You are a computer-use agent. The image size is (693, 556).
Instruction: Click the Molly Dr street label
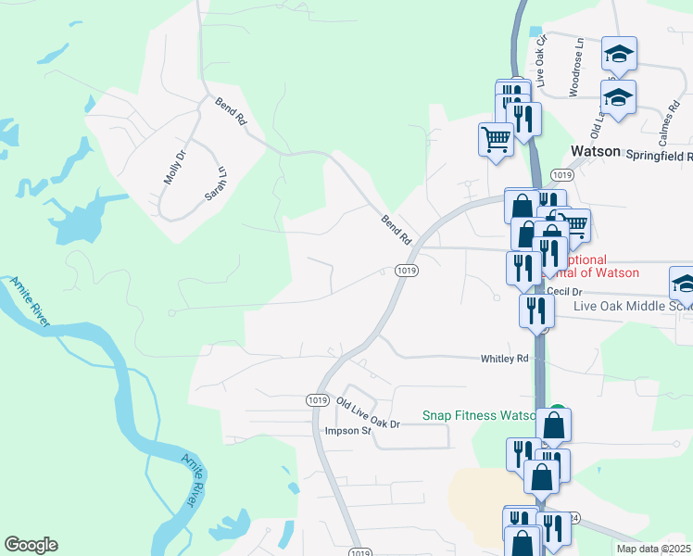[x=175, y=165]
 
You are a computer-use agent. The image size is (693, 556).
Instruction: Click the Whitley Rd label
[x=504, y=359]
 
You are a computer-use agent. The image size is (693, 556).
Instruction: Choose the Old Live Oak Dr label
[x=368, y=413]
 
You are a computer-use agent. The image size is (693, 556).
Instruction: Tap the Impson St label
[x=347, y=431]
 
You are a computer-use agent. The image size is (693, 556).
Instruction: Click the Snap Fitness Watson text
[x=478, y=416]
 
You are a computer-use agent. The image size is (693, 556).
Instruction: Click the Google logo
[x=31, y=545]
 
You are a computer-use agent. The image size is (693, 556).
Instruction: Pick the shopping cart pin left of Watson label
[x=497, y=139]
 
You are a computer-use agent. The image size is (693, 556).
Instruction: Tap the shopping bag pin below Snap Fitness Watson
[x=554, y=425]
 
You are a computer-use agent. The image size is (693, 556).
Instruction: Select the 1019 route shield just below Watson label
[x=561, y=175]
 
